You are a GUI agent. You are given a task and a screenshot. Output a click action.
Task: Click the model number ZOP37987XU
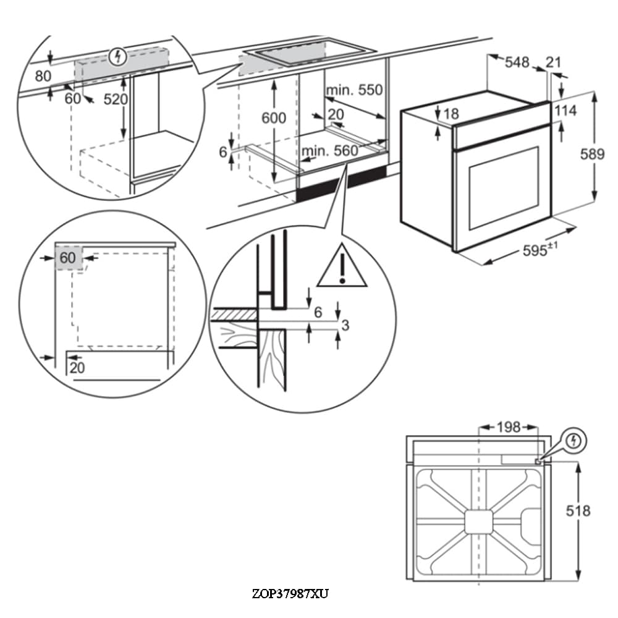(290, 595)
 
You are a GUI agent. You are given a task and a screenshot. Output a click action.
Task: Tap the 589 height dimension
(592, 154)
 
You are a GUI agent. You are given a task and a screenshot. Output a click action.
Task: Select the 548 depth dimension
(517, 62)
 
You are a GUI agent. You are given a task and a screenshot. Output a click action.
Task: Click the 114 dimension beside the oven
(565, 111)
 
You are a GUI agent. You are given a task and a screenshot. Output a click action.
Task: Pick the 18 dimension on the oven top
(451, 114)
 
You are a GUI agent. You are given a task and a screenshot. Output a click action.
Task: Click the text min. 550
(355, 90)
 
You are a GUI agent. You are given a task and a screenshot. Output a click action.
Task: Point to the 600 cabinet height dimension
(274, 117)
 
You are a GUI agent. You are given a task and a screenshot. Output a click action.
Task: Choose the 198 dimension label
(509, 426)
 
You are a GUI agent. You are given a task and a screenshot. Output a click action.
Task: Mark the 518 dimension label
(578, 510)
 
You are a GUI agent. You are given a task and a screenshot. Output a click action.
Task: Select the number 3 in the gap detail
(345, 325)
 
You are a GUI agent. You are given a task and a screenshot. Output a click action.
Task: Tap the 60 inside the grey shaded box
(67, 258)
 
